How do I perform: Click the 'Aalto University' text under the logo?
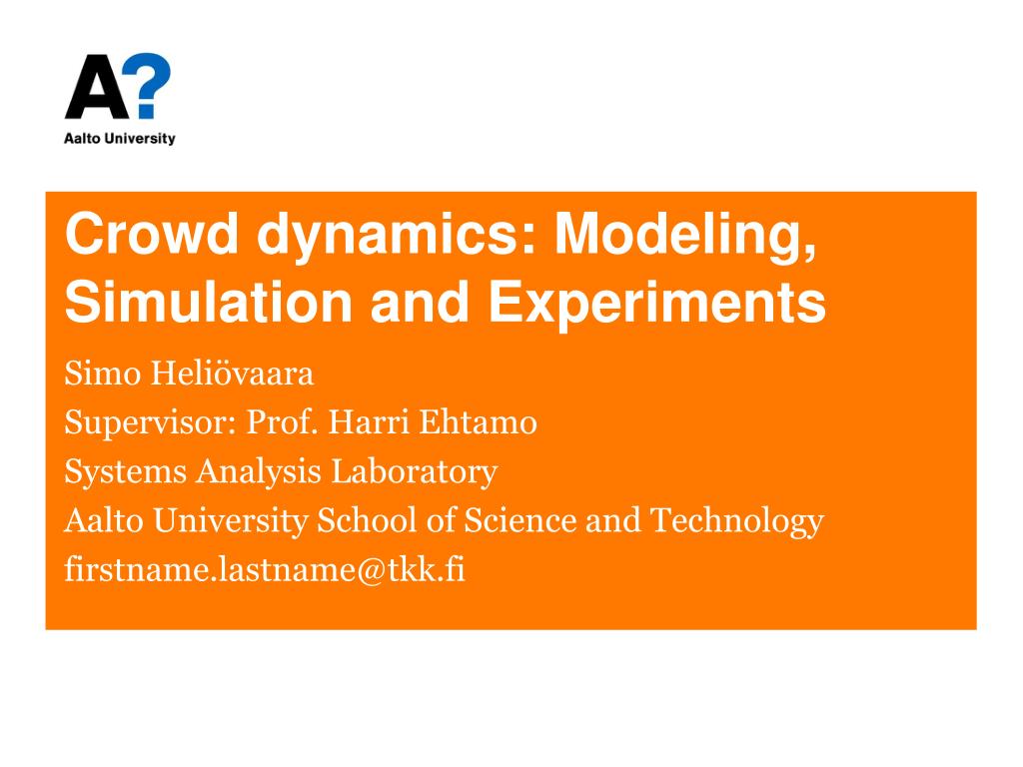pos(119,139)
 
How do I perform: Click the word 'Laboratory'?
pos(415,471)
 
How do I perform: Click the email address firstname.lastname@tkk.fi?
pos(265,569)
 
